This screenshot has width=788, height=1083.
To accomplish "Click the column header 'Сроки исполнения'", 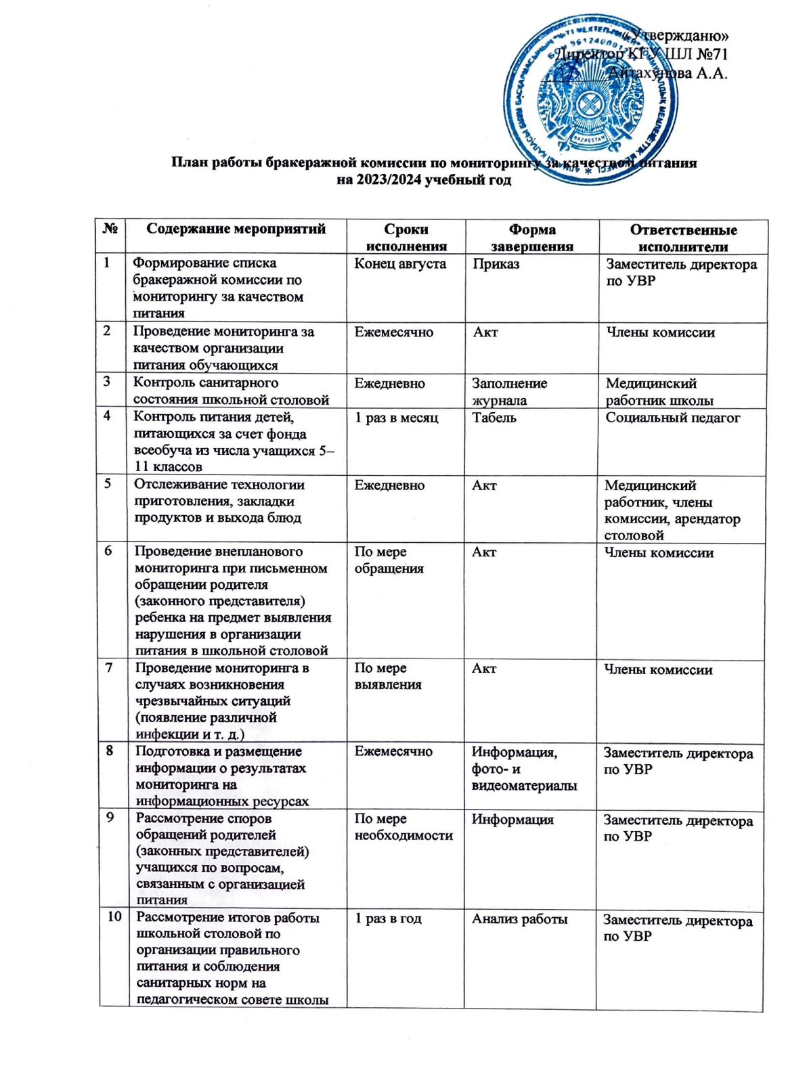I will [406, 238].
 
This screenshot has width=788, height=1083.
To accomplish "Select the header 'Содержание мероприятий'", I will [236, 229].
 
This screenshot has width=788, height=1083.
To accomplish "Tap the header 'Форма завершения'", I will [531, 238].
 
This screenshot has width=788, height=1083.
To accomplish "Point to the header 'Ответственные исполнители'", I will [682, 238].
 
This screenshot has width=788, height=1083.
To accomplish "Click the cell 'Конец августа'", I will [400, 264].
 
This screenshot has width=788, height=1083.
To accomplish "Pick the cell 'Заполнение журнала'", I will [509, 391].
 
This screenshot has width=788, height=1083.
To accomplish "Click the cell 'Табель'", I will [494, 418].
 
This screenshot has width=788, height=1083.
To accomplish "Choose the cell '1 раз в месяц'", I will [396, 418].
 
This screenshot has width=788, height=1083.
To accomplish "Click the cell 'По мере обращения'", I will [389, 560].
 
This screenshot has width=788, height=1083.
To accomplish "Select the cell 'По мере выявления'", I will [388, 676].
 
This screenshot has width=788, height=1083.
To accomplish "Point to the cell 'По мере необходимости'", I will [403, 827].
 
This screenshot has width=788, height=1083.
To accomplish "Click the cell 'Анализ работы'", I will [519, 919].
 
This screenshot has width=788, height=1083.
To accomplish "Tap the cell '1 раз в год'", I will [388, 919].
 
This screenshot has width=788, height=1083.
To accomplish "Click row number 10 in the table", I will [114, 916].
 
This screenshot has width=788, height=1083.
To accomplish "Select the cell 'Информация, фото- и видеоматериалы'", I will [524, 769].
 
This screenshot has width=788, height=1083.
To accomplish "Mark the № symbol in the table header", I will [111, 229].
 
